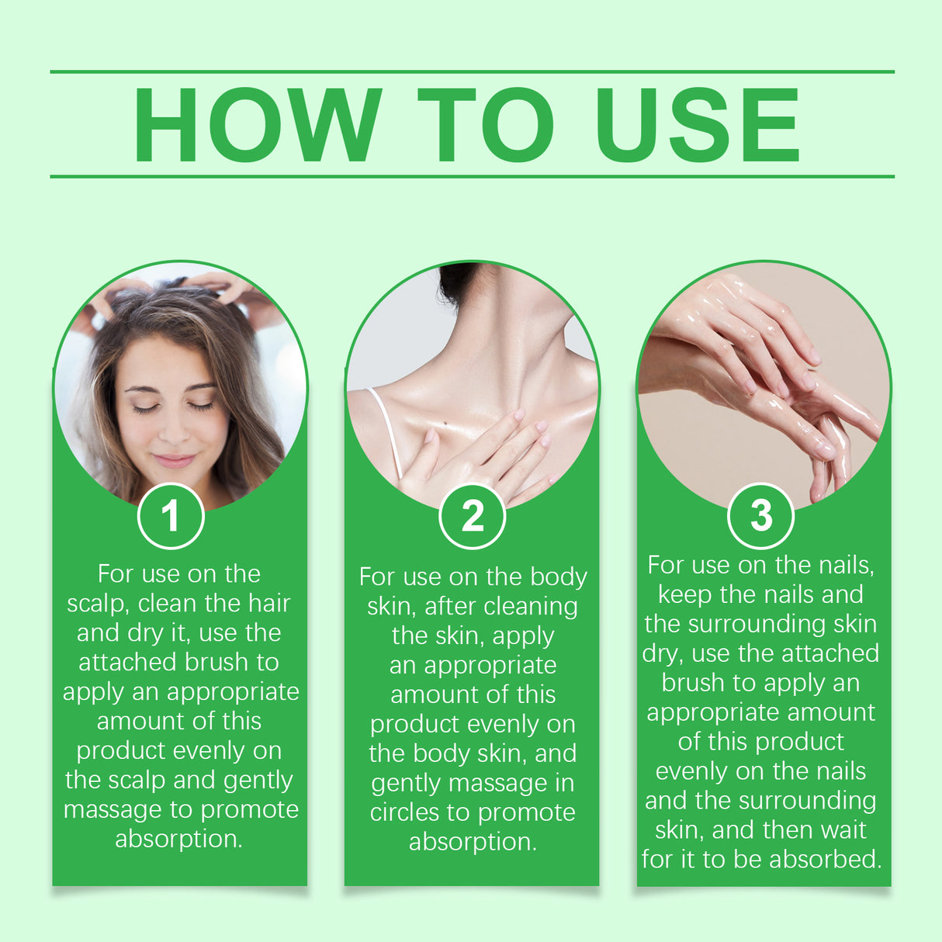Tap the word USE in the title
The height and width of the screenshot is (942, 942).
(696, 125)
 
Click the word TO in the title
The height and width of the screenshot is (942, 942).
(486, 125)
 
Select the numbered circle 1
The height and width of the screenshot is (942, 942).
(171, 516)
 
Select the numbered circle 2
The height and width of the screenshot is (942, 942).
(472, 516)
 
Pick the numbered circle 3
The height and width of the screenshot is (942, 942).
(760, 515)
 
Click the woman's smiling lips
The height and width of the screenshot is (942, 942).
(174, 460)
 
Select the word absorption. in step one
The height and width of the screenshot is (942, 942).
(178, 839)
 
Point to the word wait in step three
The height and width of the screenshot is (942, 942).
(843, 829)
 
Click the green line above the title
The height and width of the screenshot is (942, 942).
(472, 71)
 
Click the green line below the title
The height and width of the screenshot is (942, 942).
(472, 176)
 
